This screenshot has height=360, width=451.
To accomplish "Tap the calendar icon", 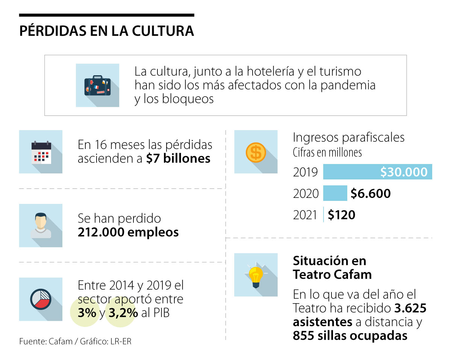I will (41, 152).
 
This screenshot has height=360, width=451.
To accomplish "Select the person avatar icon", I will (41, 225).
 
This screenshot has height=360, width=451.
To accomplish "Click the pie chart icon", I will (41, 299).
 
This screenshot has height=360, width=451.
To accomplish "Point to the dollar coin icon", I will (256, 152).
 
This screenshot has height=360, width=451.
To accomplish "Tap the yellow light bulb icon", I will (256, 276).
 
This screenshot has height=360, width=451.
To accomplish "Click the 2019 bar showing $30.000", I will (377, 172).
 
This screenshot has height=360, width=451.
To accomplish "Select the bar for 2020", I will (335, 193).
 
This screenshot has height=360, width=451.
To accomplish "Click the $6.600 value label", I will (371, 193).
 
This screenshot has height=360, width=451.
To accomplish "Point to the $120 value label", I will (341, 215).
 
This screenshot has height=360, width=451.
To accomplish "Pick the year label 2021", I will (305, 215).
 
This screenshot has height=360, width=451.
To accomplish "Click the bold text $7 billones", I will (179, 158).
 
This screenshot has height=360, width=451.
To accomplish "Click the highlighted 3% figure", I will (87, 313).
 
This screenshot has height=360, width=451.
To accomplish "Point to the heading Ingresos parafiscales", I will (348, 137).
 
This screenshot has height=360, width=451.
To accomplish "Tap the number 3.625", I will (410, 309).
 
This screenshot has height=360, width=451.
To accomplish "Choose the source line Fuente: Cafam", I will (45, 342).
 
